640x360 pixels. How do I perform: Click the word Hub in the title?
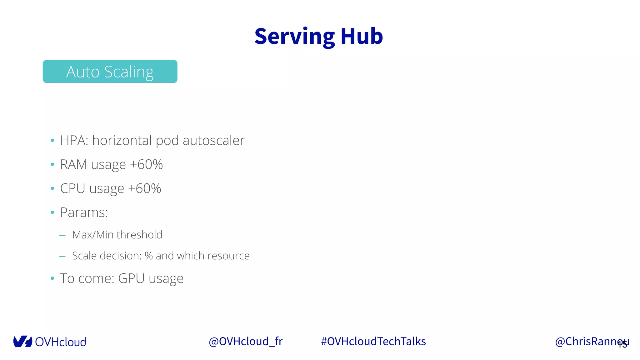pos(362,37)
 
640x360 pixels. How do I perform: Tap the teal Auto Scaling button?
pos(110,72)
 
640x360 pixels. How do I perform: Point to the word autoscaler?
pos(213,140)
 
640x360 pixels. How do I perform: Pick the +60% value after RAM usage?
pos(146,164)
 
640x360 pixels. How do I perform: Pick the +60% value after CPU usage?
pos(144,188)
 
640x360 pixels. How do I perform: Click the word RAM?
pos(73,164)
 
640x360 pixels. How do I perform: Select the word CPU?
pos(72,188)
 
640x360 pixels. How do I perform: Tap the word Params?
pos(84,212)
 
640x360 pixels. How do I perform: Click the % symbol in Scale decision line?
pos(148,256)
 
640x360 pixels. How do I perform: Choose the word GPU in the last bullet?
pos(131,278)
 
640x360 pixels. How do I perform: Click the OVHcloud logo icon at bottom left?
pos(22,342)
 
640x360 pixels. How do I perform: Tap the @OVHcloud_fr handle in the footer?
pos(246,341)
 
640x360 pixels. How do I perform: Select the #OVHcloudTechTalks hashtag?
pos(373,341)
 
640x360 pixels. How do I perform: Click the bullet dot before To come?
pos(52,278)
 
